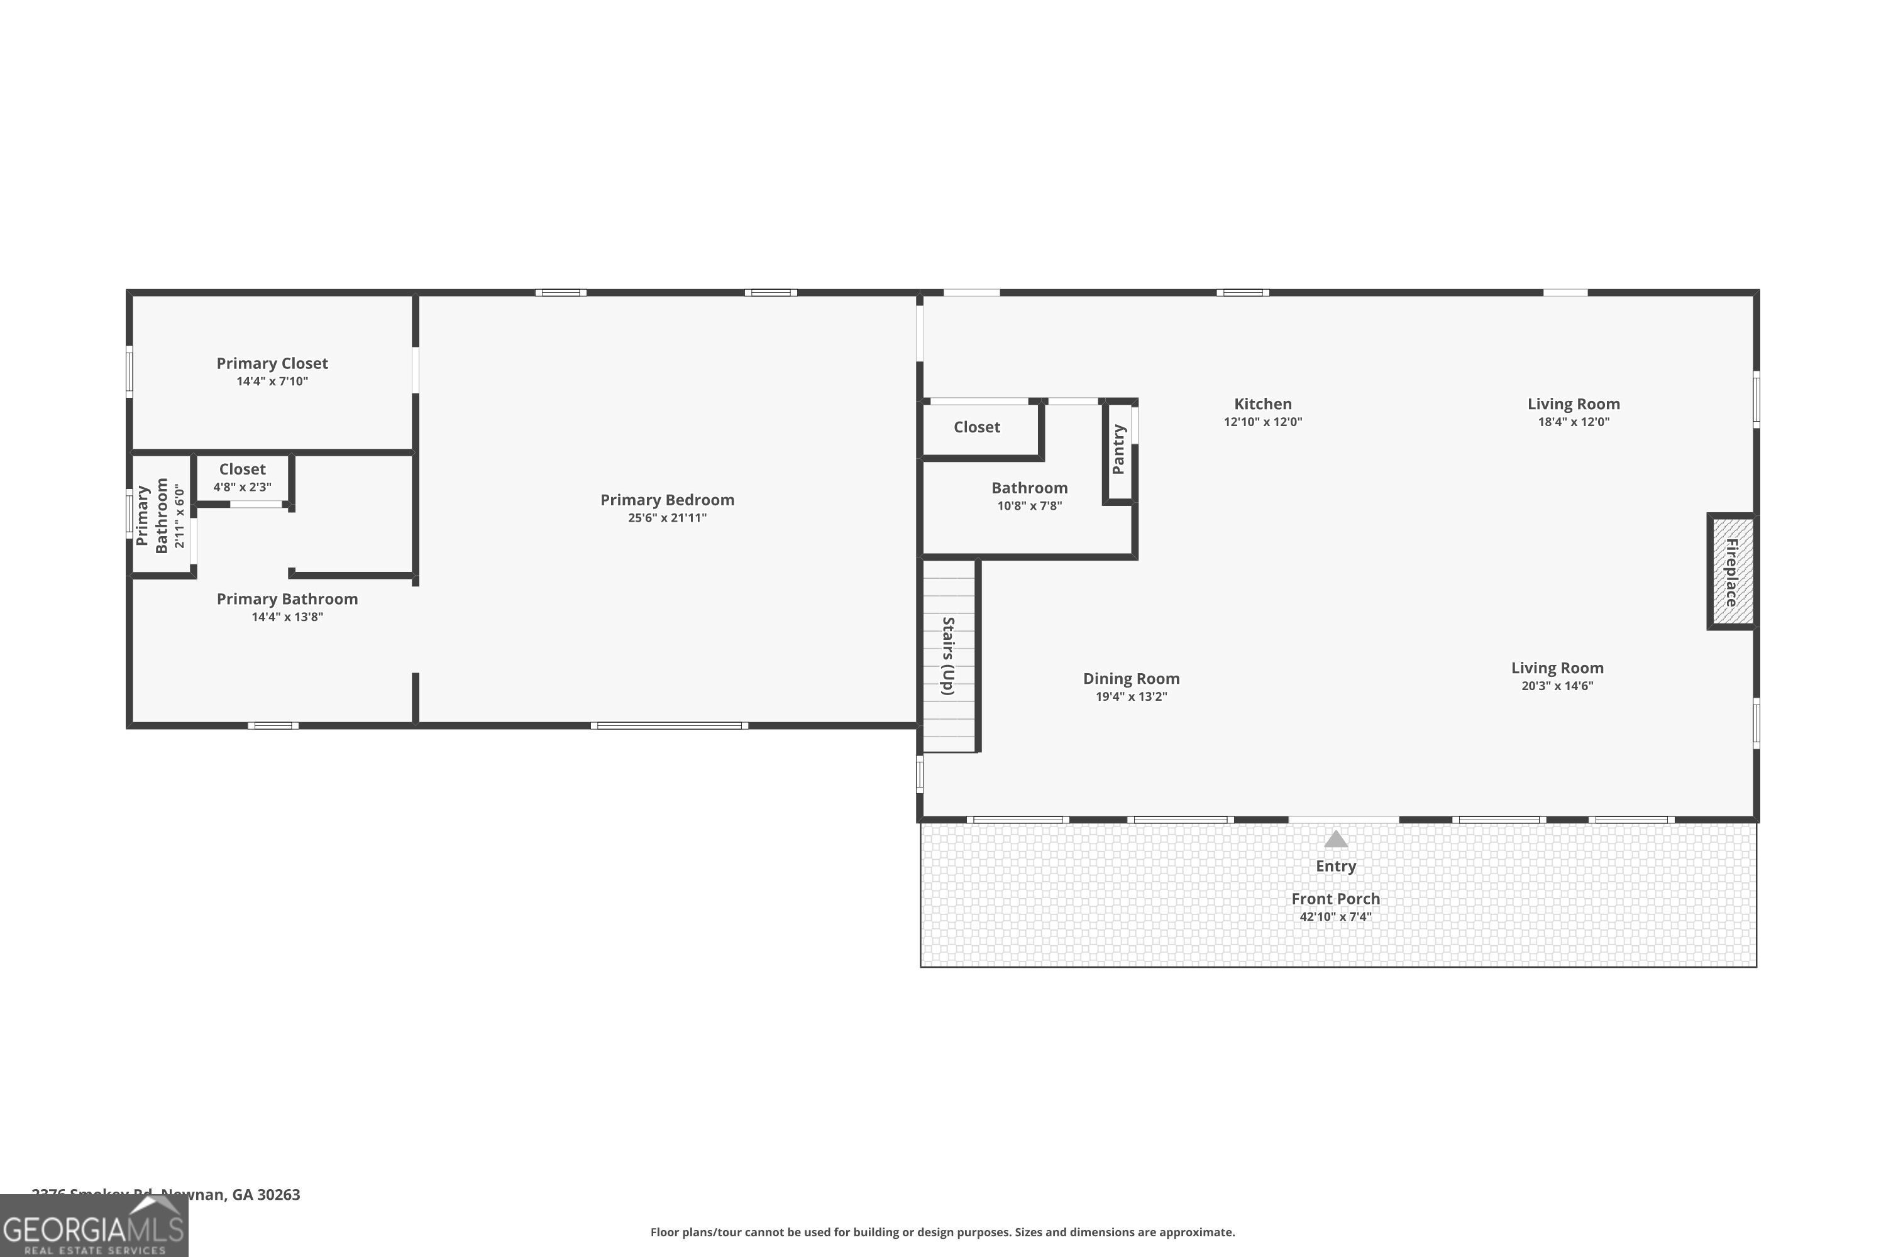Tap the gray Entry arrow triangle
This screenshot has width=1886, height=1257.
click(x=1335, y=839)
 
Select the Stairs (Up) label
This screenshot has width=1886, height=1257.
click(x=948, y=655)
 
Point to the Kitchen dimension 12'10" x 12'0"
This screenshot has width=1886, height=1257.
click(x=1262, y=422)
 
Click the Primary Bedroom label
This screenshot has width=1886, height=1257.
click(x=667, y=500)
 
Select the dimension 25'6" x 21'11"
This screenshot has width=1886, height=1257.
click(x=667, y=518)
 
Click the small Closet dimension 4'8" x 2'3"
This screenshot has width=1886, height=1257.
click(x=242, y=486)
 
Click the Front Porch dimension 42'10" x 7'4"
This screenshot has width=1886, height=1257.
click(x=1335, y=916)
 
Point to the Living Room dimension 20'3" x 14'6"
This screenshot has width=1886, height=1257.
click(x=1557, y=686)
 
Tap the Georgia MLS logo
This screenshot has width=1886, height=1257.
click(x=94, y=1227)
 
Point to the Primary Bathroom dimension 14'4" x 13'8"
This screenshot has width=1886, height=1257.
click(x=287, y=617)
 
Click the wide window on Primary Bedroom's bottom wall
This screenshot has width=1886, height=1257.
click(x=670, y=725)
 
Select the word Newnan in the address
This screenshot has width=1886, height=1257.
click(x=192, y=1195)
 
